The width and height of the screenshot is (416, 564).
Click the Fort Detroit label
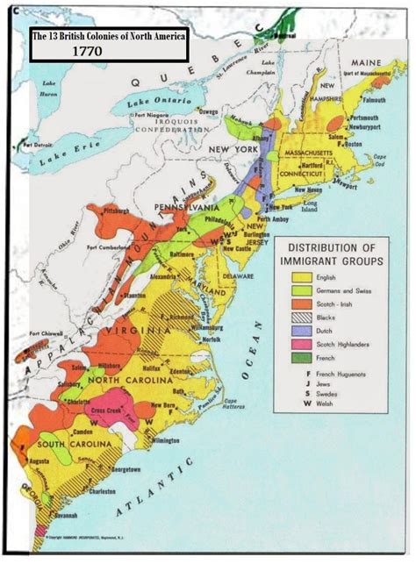39,142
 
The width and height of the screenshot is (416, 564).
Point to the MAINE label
364,63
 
